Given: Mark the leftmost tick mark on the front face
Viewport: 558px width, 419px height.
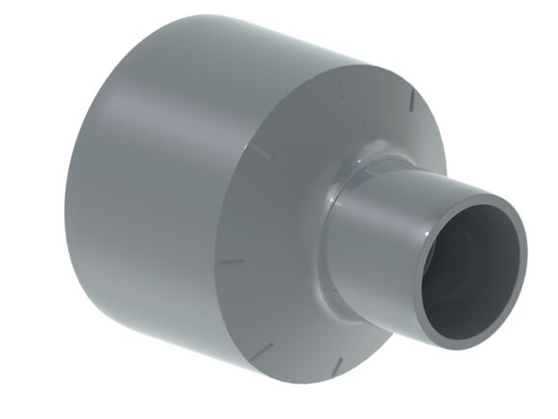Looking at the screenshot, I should [230, 261].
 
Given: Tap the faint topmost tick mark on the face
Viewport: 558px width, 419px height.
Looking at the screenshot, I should [339, 90].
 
